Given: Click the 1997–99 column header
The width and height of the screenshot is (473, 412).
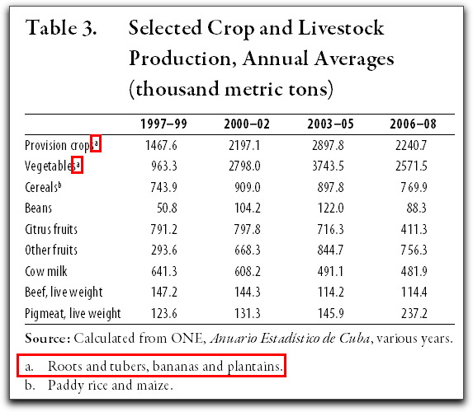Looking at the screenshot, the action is coord(163,124).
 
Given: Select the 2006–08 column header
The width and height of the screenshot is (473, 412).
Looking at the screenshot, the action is coord(413,124).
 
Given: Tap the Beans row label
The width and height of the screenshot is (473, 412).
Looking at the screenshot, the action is coord(38,208).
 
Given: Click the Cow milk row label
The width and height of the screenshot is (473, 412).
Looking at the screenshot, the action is coord(46,271).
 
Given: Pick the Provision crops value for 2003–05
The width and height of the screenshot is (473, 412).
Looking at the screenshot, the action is coord(328,146).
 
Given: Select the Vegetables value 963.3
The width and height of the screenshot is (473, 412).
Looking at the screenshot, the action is coord(164,166).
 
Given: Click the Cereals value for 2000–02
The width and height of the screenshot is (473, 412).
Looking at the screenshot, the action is coord(248,187).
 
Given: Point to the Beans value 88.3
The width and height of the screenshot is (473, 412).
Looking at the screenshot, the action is coord(416,208).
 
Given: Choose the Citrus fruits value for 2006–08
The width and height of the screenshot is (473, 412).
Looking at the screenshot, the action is coord(414,230).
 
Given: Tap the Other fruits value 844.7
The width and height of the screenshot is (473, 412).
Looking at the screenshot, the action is coord(330,250).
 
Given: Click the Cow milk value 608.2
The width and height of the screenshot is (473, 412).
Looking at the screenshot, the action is coord(248,271).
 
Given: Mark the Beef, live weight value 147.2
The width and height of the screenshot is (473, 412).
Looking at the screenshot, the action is coord(164,293).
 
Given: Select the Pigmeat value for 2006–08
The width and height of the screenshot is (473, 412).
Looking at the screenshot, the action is coord(414,313).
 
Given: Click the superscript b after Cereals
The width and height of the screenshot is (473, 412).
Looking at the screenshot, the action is coord(59,185).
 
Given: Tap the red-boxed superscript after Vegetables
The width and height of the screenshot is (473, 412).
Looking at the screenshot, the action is coord(78,165).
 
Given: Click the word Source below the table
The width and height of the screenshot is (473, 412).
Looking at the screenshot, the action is coord(47,339).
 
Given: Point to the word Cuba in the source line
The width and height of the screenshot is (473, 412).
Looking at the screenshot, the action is coord(354,339).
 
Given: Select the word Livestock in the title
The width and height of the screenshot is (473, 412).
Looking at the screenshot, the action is coord(341,28).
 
